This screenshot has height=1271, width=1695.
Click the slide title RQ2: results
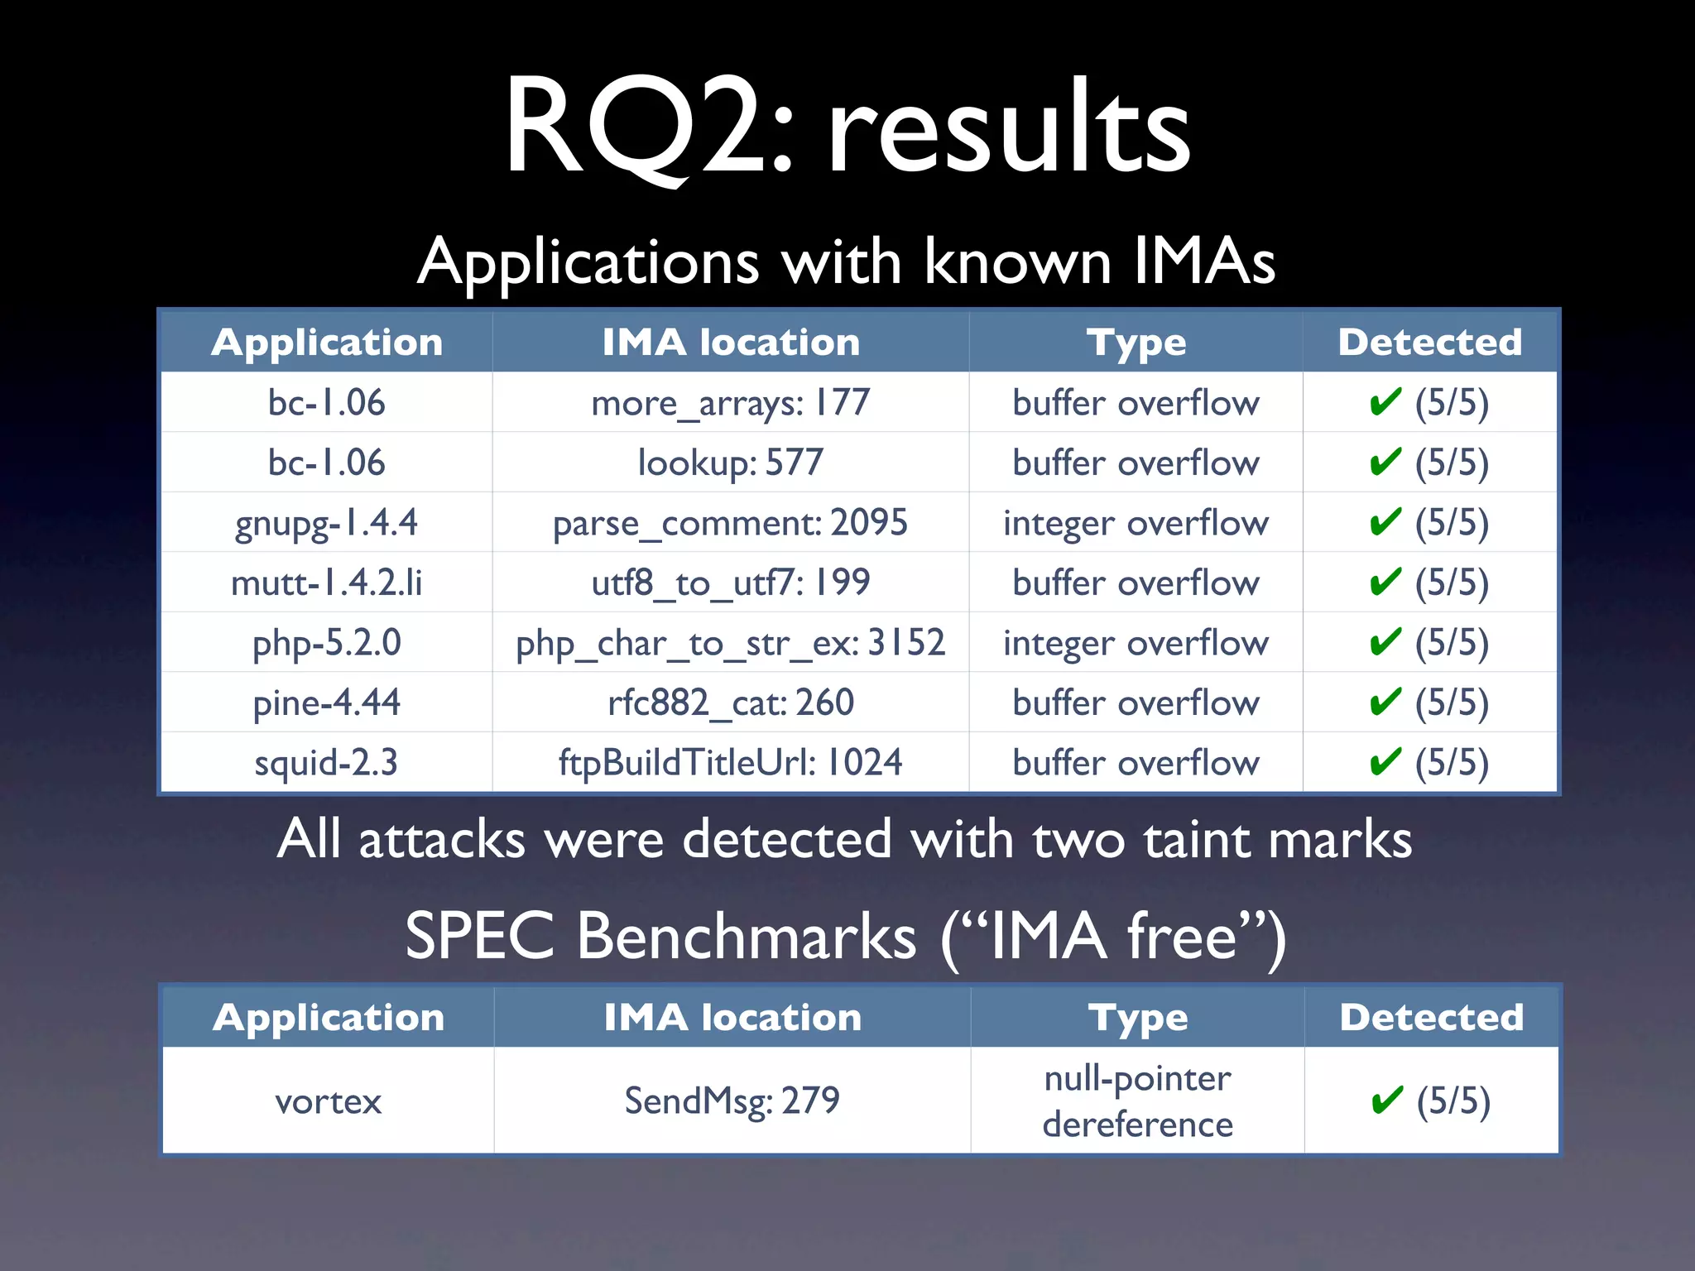[847, 128]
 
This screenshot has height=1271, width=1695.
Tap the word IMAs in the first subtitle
[1204, 262]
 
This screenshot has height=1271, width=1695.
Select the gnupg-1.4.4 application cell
[326, 523]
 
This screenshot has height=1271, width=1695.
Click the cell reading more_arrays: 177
[730, 403]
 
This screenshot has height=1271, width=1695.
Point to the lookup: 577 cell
[730, 463]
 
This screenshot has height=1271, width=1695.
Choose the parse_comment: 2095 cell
[730, 523]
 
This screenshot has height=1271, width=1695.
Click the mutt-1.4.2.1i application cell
[326, 583]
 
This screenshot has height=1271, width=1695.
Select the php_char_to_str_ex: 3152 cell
[730, 643]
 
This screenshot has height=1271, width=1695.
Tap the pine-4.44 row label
[326, 703]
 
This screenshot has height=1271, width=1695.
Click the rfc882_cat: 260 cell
[730, 703]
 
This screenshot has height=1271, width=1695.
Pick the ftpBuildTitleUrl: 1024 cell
[730, 762]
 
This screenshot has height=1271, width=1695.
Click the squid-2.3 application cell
[326, 762]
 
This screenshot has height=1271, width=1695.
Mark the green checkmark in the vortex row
[1386, 1101]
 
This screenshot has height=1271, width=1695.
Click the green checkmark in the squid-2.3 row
[1385, 761]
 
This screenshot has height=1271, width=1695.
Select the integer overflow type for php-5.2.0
[1136, 643]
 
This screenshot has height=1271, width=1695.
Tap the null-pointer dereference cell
[1137, 1101]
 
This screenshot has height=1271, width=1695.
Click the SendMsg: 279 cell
[732, 1101]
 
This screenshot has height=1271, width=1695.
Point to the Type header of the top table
[1136, 343]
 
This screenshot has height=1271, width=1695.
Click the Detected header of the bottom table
[1431, 1017]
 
